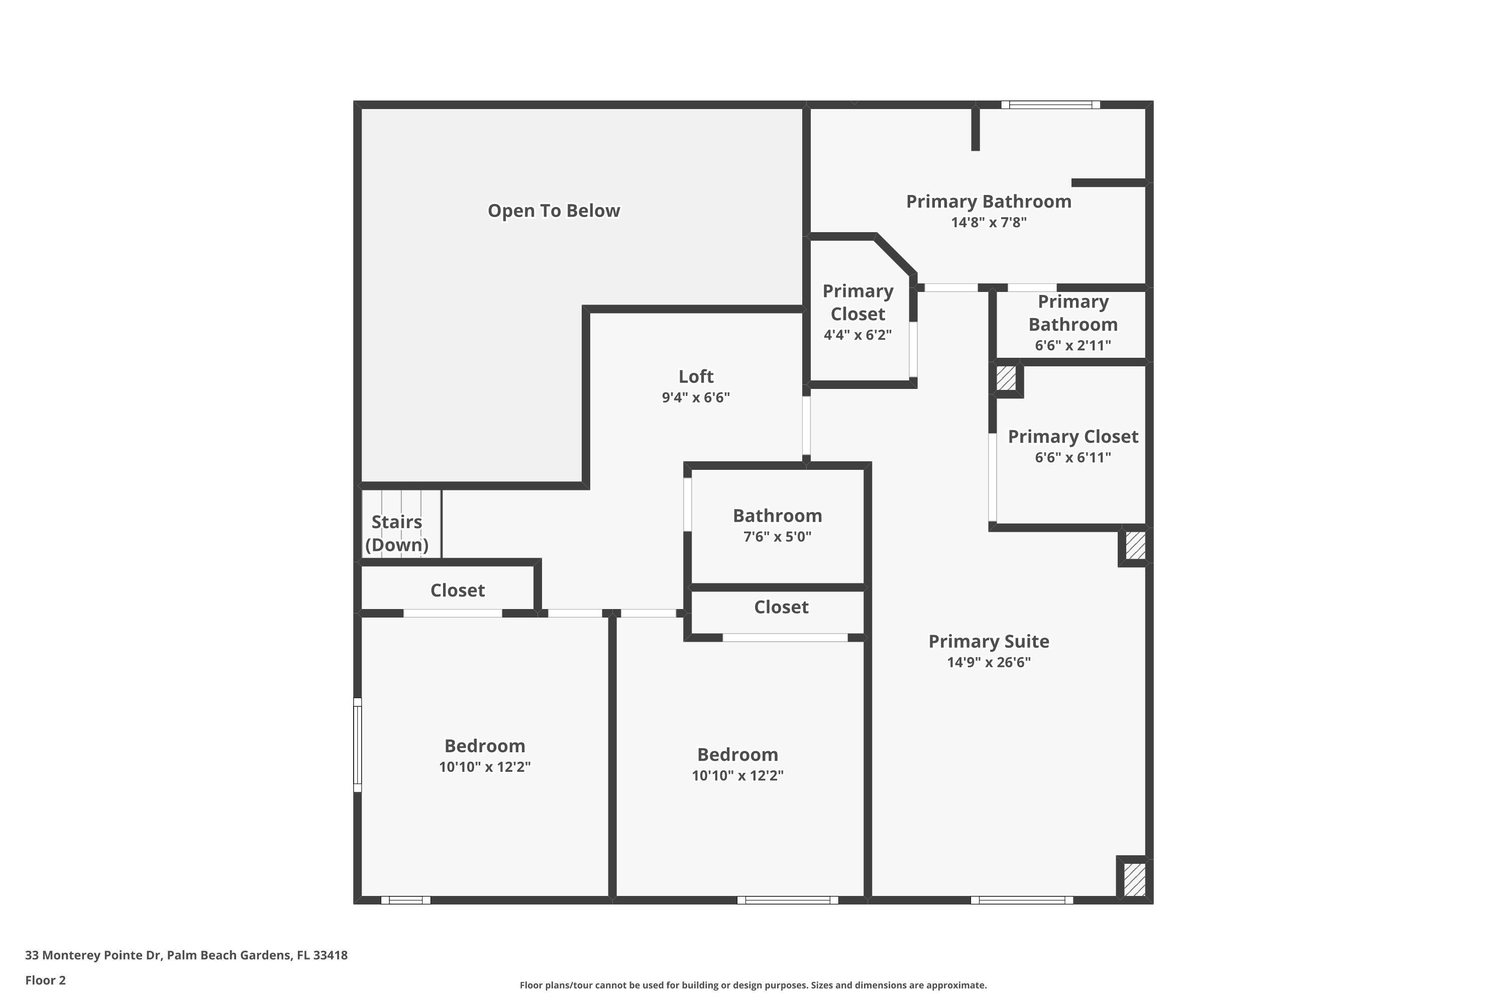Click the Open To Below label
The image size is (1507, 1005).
(x=554, y=211)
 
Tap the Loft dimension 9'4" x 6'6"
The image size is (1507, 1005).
(x=695, y=397)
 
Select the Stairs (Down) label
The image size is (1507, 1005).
(x=397, y=533)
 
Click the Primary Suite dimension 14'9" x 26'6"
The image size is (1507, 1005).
(x=988, y=662)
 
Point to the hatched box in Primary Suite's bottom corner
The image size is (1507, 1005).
(x=1134, y=879)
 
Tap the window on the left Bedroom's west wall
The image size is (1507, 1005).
(x=358, y=745)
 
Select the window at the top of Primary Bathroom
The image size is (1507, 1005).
(x=1050, y=105)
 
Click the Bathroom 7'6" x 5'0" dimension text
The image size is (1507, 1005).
(x=777, y=537)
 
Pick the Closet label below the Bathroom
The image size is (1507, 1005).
(x=781, y=607)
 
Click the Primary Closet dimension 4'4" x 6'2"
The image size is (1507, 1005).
(x=857, y=335)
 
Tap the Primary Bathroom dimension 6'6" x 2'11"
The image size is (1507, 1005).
(x=1072, y=346)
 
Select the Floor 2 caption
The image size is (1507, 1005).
(x=46, y=980)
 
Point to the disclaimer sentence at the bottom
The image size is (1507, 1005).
(x=753, y=985)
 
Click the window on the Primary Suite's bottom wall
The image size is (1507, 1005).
(x=1021, y=900)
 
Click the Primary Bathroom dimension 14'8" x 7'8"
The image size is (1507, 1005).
(x=988, y=223)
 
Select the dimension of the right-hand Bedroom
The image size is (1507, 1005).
(x=737, y=775)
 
